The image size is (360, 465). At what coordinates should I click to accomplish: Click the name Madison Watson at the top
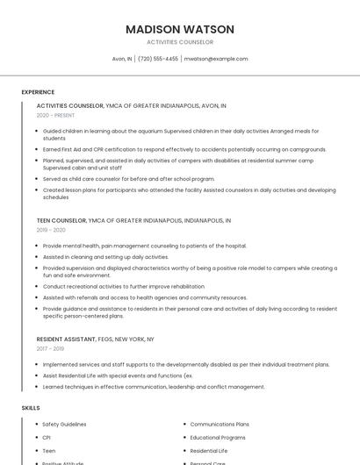(180, 29)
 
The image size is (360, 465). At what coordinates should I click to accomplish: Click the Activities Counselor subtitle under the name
(180, 42)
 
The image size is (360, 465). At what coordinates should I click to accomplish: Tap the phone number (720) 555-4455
(158, 59)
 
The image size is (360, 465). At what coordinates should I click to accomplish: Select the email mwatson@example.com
(216, 59)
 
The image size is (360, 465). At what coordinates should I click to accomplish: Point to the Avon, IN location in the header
(122, 59)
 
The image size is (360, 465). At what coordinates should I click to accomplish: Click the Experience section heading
(38, 92)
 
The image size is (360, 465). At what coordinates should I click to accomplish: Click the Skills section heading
(31, 408)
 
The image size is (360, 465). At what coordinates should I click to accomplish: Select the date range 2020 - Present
(55, 116)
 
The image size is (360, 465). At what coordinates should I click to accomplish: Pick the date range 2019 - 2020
(51, 230)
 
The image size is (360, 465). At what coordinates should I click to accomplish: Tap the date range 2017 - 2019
(50, 348)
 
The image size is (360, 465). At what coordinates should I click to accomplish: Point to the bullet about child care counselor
(128, 178)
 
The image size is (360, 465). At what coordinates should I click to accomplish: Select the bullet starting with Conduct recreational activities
(123, 286)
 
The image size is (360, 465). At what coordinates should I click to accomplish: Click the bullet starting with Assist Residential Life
(117, 375)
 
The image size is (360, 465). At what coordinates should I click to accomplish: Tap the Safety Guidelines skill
(64, 424)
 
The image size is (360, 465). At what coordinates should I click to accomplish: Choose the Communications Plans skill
(220, 424)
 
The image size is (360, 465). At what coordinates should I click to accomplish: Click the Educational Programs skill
(218, 437)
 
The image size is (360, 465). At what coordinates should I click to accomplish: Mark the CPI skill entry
(47, 437)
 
